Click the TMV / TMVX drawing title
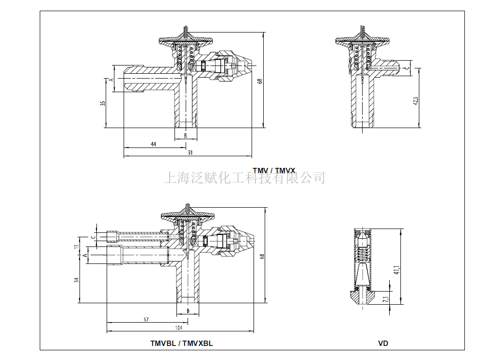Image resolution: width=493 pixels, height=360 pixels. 273,170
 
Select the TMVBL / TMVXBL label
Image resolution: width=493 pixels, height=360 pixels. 181,344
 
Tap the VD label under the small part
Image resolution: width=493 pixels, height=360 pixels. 383,344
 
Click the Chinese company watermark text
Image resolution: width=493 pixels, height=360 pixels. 245,178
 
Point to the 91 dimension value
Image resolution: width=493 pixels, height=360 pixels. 191,152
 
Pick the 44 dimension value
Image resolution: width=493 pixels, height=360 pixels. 153,144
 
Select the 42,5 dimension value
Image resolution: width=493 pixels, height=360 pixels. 415,101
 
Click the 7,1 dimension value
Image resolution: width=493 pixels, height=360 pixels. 386,299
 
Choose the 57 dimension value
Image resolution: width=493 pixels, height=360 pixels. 146,319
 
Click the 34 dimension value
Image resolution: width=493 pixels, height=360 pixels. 76,280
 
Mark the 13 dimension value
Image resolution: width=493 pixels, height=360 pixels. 76,246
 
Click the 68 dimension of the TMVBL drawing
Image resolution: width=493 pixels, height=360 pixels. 262,256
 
